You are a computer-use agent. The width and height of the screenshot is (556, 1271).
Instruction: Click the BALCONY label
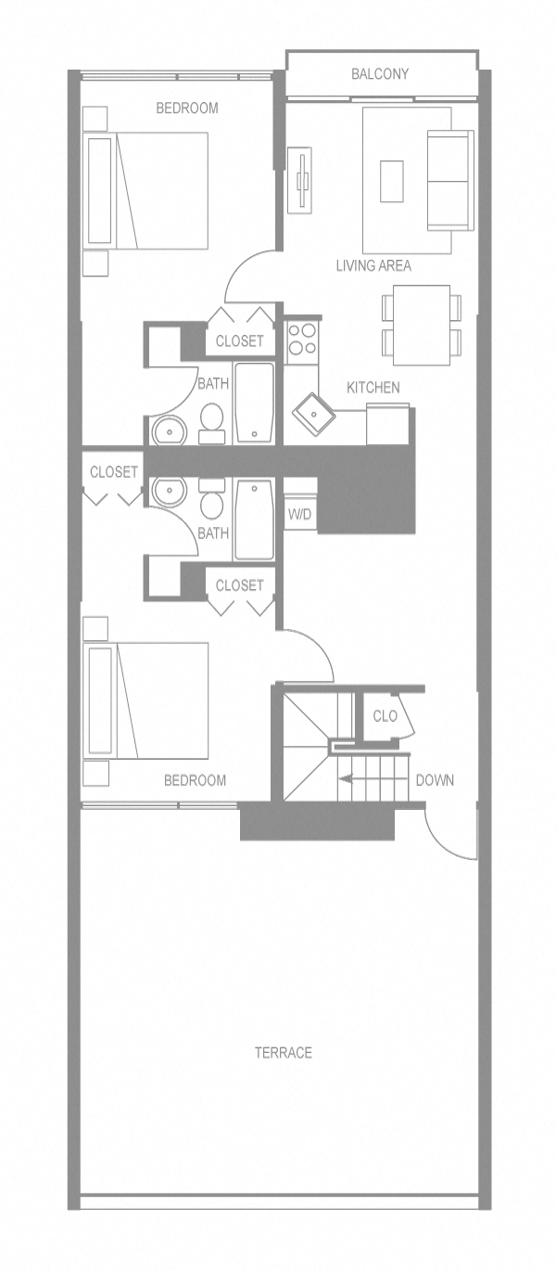pos(380,74)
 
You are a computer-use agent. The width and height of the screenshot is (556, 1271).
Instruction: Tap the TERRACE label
pos(284,1052)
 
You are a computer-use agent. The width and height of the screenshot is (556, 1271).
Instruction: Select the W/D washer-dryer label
pos(299,514)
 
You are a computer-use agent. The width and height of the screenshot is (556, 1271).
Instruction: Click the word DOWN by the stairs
pos(435,780)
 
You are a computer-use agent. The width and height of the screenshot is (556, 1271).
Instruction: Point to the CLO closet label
pos(385,716)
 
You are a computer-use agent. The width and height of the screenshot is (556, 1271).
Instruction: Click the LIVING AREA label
pos(373,265)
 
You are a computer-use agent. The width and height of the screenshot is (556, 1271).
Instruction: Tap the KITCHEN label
pos(373,387)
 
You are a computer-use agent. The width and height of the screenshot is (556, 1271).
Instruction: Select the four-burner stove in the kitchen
pos(301,340)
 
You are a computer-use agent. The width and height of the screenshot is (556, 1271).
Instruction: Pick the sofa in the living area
pos(449,180)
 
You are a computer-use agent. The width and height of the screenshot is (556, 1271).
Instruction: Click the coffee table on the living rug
pos(392,181)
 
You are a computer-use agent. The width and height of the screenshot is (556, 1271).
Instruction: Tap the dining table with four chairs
pos(422,325)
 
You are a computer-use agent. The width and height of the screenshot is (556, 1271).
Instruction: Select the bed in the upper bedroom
pos(148,190)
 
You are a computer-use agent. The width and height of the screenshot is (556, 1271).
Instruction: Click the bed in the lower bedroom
pos(148,700)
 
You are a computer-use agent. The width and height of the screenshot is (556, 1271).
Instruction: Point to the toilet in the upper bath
pos(212,420)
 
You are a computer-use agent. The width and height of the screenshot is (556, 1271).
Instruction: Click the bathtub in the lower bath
pos(254,519)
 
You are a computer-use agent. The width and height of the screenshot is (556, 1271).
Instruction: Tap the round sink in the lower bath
pos(170,493)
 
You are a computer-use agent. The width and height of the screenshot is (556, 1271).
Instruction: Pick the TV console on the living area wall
pos(299,180)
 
